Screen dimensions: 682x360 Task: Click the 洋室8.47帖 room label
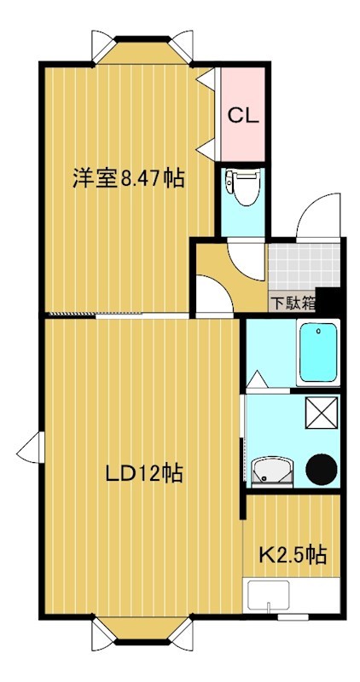point(128,179)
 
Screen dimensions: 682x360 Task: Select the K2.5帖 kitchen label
point(293,555)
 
